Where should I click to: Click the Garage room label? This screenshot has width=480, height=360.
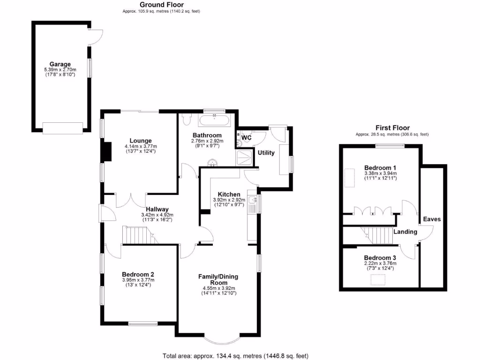pyautogui.click(x=60, y=64)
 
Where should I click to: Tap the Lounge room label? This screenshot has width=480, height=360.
pyautogui.click(x=141, y=141)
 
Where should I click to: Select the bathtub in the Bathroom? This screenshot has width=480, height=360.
pyautogui.click(x=215, y=121)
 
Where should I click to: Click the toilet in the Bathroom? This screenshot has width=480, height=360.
pyautogui.click(x=187, y=120)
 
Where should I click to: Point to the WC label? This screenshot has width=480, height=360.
pyautogui.click(x=247, y=138)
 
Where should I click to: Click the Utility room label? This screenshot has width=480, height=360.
pyautogui.click(x=266, y=153)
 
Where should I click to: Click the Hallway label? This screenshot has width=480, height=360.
pyautogui.click(x=157, y=209)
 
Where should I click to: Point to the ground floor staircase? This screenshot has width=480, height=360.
pyautogui.click(x=139, y=236)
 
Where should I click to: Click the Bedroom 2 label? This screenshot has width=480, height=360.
pyautogui.click(x=138, y=275)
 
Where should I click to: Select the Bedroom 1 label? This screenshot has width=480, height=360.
pyautogui.click(x=380, y=168)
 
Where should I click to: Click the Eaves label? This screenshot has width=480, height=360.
pyautogui.click(x=432, y=219)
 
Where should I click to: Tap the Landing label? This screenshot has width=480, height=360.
pyautogui.click(x=405, y=232)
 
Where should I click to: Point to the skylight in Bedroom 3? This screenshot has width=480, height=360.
pyautogui.click(x=378, y=280)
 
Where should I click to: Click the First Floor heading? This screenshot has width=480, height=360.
pyautogui.click(x=392, y=127)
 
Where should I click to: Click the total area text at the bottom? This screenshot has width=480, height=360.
pyautogui.click(x=235, y=356)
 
